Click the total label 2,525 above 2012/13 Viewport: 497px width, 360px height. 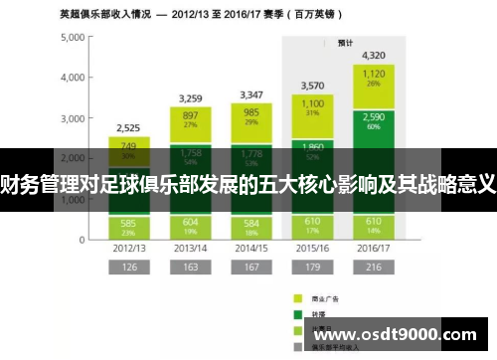128,128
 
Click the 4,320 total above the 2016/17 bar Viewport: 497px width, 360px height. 374,56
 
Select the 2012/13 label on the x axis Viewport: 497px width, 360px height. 129,247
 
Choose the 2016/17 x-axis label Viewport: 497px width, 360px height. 374,247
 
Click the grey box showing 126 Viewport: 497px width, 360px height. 129,268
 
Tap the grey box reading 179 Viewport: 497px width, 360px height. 312,268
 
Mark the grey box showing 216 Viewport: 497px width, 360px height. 374,268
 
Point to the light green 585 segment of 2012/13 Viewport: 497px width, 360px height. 129,226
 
